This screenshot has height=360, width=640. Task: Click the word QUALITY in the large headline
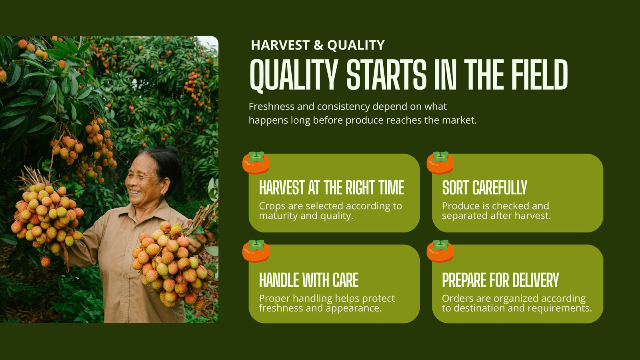[x=294, y=75]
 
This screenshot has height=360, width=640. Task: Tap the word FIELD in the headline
[x=540, y=74]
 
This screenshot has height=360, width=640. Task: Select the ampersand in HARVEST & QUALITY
[x=318, y=45]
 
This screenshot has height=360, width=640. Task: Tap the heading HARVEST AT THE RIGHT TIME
[x=332, y=188]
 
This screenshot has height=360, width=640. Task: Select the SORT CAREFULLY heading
[x=484, y=188]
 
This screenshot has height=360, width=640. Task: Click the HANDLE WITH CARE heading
[x=309, y=280]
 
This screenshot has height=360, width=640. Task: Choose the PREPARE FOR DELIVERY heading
[x=500, y=280]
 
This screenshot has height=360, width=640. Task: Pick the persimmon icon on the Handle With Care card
[x=256, y=251]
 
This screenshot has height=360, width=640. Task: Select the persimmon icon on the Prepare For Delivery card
[x=440, y=251]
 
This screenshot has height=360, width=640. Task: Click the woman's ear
[x=165, y=188]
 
